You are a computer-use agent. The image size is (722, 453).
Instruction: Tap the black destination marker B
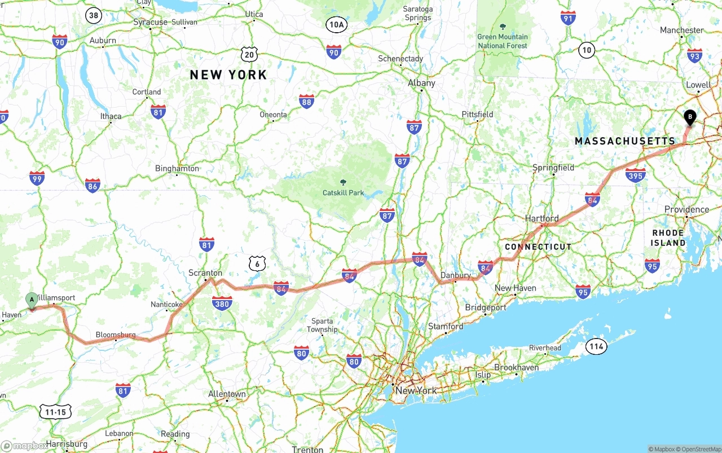[x=689, y=117]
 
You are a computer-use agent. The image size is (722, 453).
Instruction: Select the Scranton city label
[x=205, y=273]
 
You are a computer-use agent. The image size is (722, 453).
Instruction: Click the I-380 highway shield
[x=222, y=304]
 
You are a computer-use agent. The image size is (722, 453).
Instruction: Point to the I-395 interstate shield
[x=636, y=175]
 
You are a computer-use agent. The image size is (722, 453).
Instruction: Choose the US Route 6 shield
[x=257, y=263]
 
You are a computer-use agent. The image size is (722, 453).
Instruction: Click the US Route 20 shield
[x=250, y=54]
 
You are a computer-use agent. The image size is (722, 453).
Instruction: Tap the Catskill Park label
[x=343, y=192]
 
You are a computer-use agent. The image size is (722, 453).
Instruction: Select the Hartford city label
[x=541, y=218]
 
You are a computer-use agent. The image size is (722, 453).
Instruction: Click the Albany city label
[x=421, y=83]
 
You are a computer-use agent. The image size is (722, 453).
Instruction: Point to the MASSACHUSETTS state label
[x=624, y=141]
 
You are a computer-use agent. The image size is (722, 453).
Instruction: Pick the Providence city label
[x=686, y=209]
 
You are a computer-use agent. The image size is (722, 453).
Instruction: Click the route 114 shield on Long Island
[x=597, y=346]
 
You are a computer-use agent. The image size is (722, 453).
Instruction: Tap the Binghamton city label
[x=177, y=168]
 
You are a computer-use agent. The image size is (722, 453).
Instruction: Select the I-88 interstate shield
[x=306, y=102]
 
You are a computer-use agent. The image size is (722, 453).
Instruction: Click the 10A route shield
[x=336, y=24]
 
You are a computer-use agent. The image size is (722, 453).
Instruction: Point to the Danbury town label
[x=455, y=275]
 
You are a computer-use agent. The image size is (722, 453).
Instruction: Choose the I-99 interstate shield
[x=37, y=178]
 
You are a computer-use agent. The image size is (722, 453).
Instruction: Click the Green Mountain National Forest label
[x=503, y=41]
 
